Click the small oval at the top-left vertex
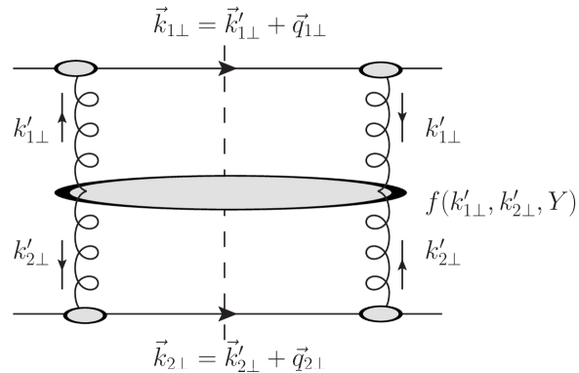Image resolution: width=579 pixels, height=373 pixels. (x=76, y=68)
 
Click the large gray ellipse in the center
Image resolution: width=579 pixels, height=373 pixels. (x=229, y=191)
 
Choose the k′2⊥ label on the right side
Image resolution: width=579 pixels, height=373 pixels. (x=445, y=255)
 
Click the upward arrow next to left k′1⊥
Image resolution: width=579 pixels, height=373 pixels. (x=61, y=125)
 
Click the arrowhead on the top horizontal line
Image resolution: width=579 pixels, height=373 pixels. (x=228, y=68)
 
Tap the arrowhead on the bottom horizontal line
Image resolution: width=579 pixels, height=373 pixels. (x=228, y=314)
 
